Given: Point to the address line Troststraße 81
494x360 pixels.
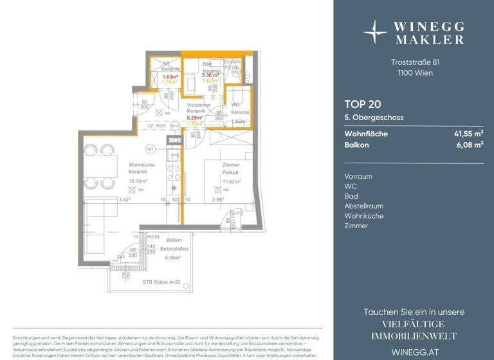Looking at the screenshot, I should coord(416,62).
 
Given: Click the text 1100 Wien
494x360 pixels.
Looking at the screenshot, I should coord(416,73).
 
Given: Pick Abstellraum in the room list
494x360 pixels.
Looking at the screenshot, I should coord(363,206).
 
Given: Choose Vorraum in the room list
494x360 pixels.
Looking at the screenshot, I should coord(358,176).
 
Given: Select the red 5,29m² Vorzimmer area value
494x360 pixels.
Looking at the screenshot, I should coord(194,118).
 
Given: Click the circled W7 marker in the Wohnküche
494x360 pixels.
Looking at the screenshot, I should coord(150,150).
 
